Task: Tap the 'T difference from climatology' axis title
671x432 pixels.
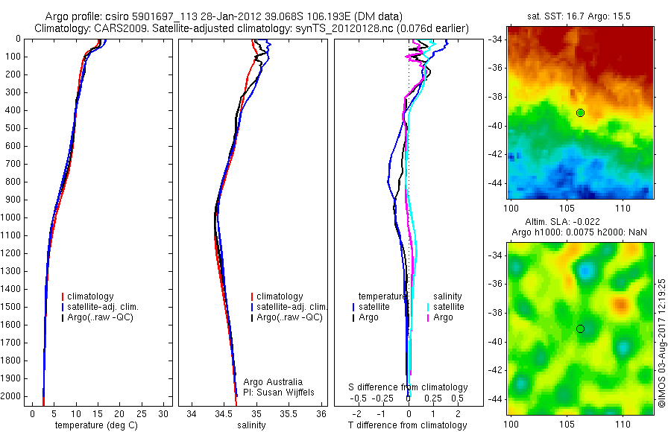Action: [407, 425]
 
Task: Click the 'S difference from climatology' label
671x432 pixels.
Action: [408, 387]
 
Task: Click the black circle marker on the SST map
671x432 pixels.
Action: [580, 112]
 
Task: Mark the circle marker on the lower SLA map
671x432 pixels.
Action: [580, 328]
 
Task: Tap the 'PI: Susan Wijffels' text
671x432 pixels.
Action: [279, 392]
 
